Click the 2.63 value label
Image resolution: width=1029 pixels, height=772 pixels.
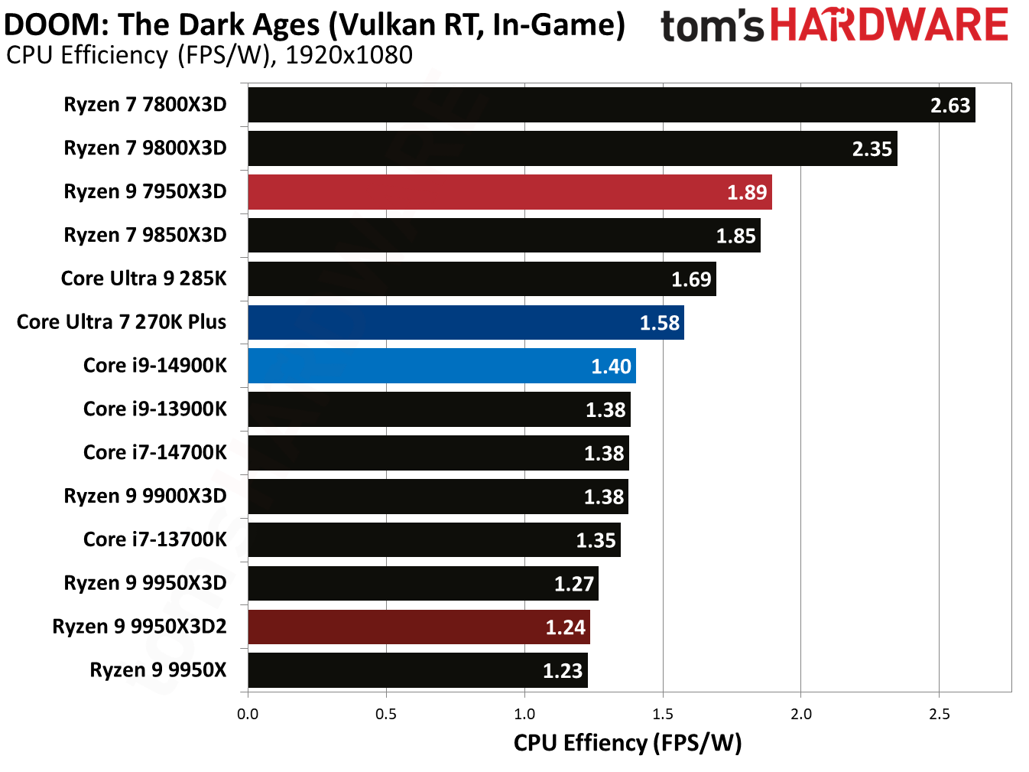[949, 106]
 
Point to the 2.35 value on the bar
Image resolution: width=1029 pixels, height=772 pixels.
[872, 149]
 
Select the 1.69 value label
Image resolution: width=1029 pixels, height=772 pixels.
[691, 280]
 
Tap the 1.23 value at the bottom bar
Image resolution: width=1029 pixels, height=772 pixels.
[563, 671]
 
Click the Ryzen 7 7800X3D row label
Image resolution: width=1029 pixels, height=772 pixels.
[145, 105]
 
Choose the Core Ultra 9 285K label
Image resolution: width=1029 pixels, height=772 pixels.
[144, 279]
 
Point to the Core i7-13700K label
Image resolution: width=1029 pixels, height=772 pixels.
[155, 540]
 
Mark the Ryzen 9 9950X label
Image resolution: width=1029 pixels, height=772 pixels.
[158, 670]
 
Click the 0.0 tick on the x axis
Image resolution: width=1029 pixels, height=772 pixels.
[248, 714]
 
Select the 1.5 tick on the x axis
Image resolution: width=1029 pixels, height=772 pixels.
[663, 714]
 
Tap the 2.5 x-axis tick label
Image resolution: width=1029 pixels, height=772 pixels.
[940, 714]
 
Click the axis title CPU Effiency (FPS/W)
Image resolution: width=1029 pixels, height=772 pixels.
[627, 743]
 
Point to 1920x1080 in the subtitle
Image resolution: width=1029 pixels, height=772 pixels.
[349, 56]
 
